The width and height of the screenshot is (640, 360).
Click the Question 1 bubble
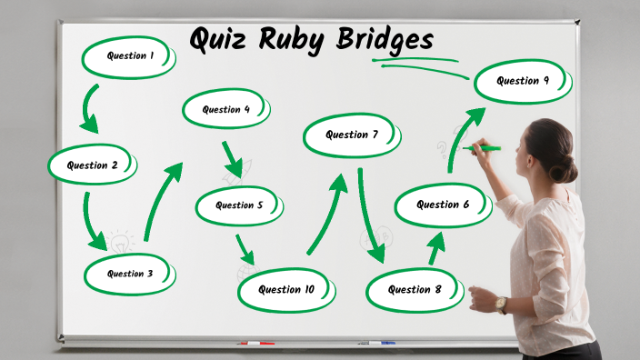[x=129, y=57]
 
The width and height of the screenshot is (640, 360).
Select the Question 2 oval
[x=93, y=165]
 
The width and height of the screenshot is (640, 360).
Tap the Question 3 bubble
[x=130, y=274]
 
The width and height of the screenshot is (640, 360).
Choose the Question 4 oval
[x=227, y=110]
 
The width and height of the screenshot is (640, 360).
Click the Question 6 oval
[x=443, y=205]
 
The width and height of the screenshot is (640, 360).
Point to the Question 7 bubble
[x=352, y=135]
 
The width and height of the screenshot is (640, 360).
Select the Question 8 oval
[x=415, y=290]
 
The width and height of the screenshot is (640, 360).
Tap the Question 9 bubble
[x=523, y=81]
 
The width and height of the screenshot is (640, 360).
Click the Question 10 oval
[x=286, y=290]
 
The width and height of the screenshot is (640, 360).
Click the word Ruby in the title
[x=299, y=41]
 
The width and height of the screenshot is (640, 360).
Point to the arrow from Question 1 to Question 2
[x=89, y=108]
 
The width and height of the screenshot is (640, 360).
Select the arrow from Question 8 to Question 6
[x=437, y=247]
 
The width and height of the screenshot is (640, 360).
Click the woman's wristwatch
[x=501, y=304]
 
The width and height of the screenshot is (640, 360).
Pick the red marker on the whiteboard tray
[x=255, y=344]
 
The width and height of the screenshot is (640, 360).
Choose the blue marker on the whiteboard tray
[x=382, y=343]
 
